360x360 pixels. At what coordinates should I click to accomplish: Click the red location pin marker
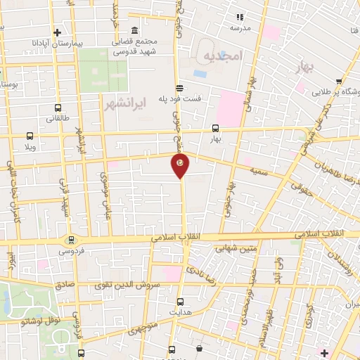coord(180,165)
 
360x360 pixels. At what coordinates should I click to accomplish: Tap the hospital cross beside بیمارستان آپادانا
coord(58,32)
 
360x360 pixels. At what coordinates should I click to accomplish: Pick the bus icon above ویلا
coord(30,136)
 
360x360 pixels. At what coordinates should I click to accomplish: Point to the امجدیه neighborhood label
coord(223,54)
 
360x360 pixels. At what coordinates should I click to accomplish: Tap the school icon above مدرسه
coord(239,17)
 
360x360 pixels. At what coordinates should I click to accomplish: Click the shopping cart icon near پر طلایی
coord(340,80)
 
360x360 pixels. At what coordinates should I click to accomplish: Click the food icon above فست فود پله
coord(181,88)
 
